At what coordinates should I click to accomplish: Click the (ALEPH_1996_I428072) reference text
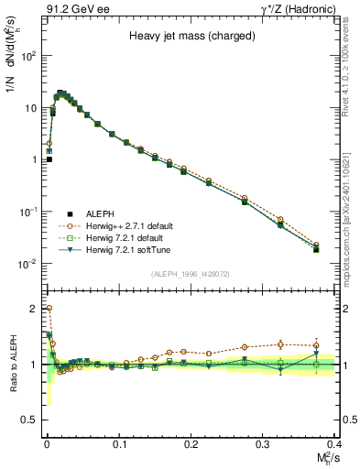189,274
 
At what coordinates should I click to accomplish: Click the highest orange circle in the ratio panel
48,309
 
